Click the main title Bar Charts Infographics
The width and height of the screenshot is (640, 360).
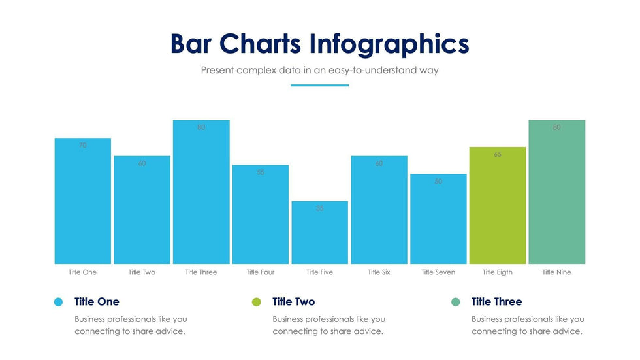coord(319,44)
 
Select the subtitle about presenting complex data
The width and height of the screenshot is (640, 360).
coord(319,70)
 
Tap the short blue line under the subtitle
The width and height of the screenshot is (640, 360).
coord(319,85)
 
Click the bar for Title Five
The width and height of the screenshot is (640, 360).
coord(319,235)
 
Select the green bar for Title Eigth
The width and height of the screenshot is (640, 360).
coord(497,209)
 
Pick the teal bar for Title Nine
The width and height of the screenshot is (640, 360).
coord(556,196)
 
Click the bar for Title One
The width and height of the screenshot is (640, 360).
coord(82,203)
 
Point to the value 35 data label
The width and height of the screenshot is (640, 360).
coord(319,208)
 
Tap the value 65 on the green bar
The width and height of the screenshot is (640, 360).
coord(497,155)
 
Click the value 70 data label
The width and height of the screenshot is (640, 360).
coord(82,146)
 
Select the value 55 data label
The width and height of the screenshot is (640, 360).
coord(260,172)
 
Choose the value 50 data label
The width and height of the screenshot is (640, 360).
coord(438,182)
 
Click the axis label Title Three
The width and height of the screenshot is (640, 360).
coord(200,272)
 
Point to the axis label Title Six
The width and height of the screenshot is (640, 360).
coord(379,272)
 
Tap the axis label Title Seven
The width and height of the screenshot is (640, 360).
coord(438,272)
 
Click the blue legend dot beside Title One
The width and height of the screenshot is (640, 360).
coord(59,302)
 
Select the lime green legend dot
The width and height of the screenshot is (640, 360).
coord(256,302)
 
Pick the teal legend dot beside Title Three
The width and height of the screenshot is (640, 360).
coord(456,302)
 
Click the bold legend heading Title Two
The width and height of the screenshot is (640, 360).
coord(293,302)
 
